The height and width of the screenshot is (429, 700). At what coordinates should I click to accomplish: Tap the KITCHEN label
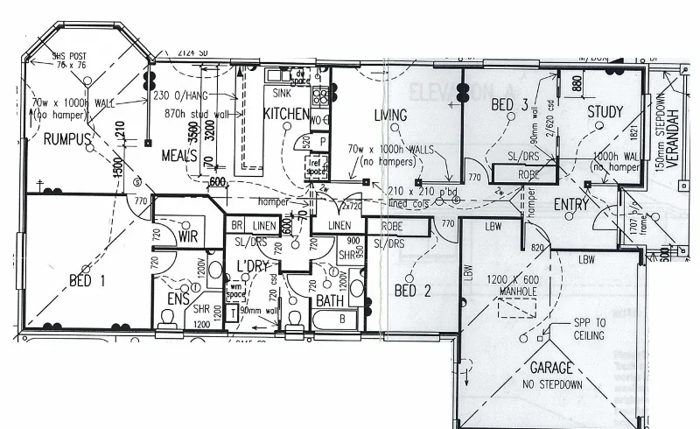pyautogui.click(x=285, y=114)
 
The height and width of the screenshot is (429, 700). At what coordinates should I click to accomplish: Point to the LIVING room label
pyautogui.click(x=389, y=116)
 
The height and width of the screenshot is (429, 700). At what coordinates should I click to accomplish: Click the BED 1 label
pyautogui.click(x=87, y=281)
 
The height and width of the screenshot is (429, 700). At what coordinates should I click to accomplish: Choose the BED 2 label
pyautogui.click(x=413, y=291)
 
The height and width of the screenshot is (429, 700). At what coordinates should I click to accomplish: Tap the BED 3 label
pyautogui.click(x=509, y=105)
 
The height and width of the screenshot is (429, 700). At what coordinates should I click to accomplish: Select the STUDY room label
pyautogui.click(x=605, y=111)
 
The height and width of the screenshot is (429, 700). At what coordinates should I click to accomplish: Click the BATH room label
pyautogui.click(x=330, y=300)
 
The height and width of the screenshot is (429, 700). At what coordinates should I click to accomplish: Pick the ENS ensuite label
pyautogui.click(x=178, y=299)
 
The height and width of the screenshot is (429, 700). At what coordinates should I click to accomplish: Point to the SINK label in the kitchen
pyautogui.click(x=282, y=91)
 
